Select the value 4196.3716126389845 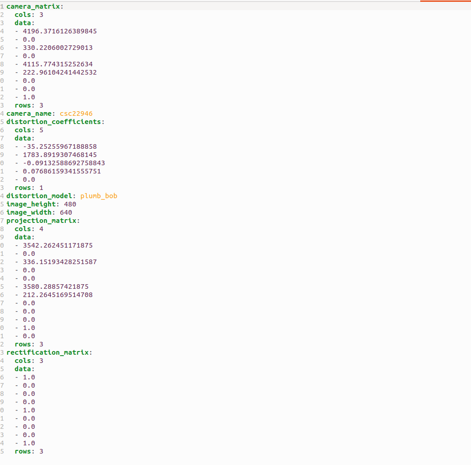(x=60, y=31)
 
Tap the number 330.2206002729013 (x=58, y=48)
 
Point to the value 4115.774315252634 (x=58, y=65)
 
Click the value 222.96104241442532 (x=60, y=72)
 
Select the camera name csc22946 (x=76, y=114)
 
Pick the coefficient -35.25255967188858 (x=60, y=146)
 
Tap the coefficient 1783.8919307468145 (x=60, y=155)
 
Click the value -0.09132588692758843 (x=64, y=163)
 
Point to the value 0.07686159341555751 (x=62, y=171)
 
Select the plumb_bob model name (x=98, y=196)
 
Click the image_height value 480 (x=70, y=204)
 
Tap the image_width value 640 (x=66, y=212)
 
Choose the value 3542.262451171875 (x=58, y=245)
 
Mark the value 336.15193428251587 (x=60, y=262)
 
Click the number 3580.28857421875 (x=56, y=287)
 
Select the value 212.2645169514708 (x=58, y=295)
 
